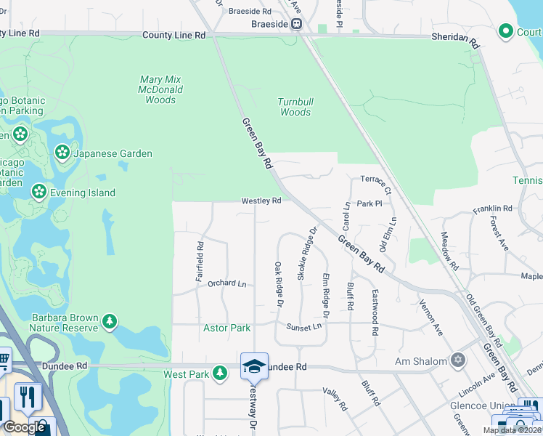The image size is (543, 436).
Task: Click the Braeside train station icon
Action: (x=296, y=24)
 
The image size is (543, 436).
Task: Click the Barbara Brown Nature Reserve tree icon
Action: (x=110, y=321)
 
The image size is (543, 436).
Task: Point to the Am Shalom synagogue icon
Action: (x=457, y=360)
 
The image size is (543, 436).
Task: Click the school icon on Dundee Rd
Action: (x=254, y=366)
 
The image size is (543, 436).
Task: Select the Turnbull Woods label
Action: (x=295, y=108)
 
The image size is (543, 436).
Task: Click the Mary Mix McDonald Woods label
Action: (x=160, y=89)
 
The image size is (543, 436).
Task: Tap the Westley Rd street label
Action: (x=261, y=201)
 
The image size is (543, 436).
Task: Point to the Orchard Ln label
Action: (x=226, y=283)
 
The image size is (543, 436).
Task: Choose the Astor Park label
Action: (x=226, y=328)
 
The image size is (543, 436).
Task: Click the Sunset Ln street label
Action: (x=303, y=327)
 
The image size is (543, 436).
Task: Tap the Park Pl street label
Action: (x=369, y=204)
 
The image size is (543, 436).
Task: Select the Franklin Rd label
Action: (x=492, y=209)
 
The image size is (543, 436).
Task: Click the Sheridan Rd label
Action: (x=455, y=38)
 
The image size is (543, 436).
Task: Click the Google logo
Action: (x=24, y=427)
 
